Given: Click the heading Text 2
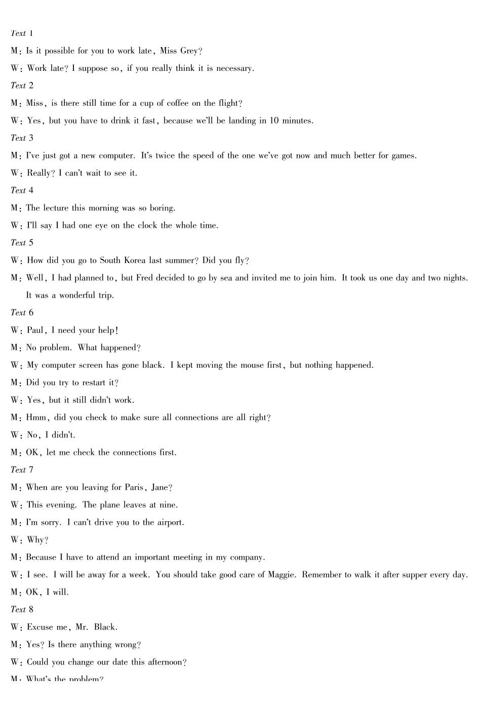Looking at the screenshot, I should click(22, 86).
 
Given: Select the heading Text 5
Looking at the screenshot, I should click(22, 243).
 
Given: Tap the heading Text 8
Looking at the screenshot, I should click(22, 610).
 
